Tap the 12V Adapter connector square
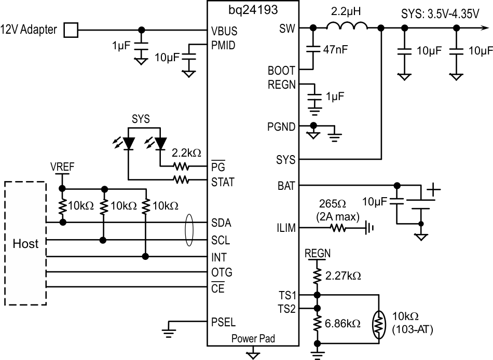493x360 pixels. [x=71, y=30]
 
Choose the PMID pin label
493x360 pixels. [x=224, y=45]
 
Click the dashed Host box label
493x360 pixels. [x=25, y=243]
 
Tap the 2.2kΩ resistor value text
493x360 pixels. [x=186, y=154]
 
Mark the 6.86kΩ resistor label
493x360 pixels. [x=343, y=323]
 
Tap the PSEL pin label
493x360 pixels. [x=223, y=320]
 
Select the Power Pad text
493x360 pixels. [x=253, y=339]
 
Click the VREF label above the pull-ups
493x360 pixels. [x=62, y=167]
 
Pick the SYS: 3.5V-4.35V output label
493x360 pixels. [x=440, y=14]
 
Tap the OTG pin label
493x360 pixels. [x=222, y=272]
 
